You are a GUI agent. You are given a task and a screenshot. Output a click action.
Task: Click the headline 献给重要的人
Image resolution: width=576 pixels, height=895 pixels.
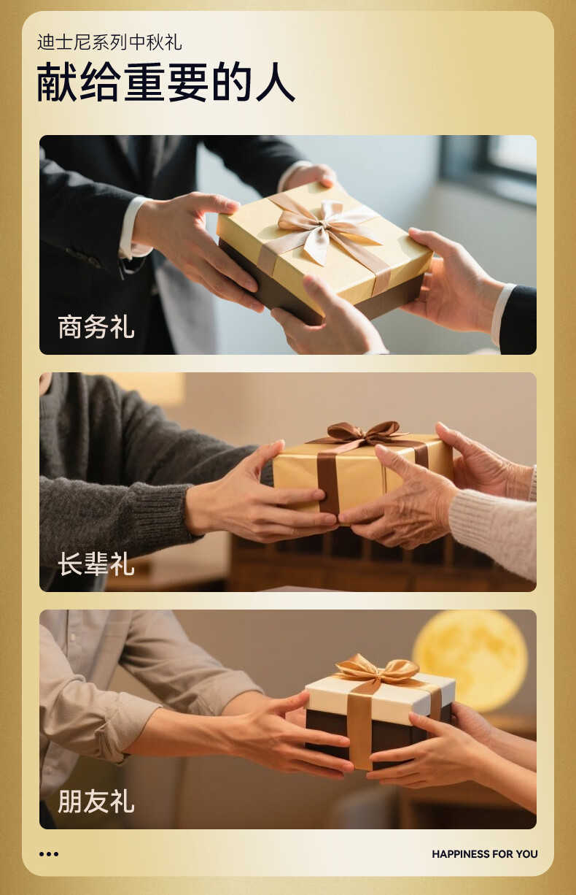(x=166, y=82)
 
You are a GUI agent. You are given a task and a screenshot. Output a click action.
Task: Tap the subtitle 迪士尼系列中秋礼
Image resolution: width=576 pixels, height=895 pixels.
(x=110, y=42)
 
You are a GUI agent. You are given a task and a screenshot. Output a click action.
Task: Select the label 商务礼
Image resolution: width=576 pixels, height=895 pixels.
(x=96, y=327)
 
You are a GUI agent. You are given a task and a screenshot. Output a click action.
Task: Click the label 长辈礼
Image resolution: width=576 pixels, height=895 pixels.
(x=96, y=564)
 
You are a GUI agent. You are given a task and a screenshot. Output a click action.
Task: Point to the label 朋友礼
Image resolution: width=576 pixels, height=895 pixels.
(x=96, y=801)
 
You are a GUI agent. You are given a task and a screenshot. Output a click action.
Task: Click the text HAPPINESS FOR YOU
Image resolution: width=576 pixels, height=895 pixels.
(x=485, y=854)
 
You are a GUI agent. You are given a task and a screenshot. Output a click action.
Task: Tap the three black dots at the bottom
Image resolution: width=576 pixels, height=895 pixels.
(x=49, y=854)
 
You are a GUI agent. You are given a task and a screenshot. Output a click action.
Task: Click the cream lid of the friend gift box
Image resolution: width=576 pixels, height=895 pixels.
(x=380, y=691)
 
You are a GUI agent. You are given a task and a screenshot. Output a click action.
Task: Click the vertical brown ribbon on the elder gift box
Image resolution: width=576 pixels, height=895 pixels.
(x=328, y=483)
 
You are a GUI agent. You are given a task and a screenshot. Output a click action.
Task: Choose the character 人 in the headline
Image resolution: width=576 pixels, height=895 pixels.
(x=276, y=82)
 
